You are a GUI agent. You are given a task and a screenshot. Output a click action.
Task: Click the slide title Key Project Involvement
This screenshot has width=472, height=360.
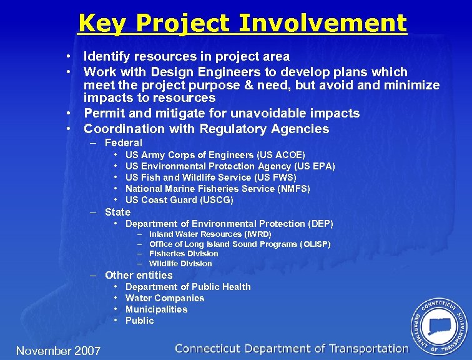[x=242, y=24]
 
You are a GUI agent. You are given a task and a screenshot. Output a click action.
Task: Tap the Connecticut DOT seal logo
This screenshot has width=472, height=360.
[x=439, y=325]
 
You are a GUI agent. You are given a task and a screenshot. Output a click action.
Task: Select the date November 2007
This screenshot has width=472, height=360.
[x=58, y=351]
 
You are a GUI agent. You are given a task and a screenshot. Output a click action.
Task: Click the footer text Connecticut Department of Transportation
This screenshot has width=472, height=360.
[x=292, y=349]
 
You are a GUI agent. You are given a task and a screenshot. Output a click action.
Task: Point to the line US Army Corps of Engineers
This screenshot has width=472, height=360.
[x=215, y=154]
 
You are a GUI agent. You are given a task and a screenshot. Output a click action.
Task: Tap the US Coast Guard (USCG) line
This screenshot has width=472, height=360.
[x=179, y=200]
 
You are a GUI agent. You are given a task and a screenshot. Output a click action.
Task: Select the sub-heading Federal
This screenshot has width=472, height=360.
[x=124, y=142]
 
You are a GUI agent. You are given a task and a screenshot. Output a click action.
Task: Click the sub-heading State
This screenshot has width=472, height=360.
[x=117, y=212]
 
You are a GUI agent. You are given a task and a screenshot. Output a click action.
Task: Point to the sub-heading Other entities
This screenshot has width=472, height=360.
[x=139, y=275]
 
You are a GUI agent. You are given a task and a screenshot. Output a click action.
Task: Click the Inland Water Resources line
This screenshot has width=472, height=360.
[x=210, y=234]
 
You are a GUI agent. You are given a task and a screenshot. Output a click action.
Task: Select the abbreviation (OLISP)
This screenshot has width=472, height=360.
[x=307, y=244]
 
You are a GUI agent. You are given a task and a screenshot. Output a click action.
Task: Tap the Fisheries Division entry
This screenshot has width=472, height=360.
[x=184, y=254]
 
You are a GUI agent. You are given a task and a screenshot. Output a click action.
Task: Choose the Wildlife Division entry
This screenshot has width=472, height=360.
[x=180, y=264]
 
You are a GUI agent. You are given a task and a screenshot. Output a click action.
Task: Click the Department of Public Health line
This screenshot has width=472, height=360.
[x=188, y=287]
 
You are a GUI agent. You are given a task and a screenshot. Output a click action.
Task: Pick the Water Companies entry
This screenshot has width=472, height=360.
[x=165, y=298]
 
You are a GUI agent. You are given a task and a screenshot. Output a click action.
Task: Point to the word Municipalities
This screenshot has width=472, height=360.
[x=156, y=309]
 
